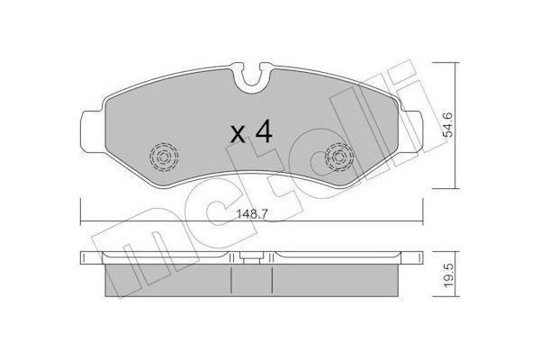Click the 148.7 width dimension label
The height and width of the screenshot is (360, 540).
pos(252,214)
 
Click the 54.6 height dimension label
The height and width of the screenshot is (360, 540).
pos(448,125)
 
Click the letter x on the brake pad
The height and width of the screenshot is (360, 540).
pos(238,134)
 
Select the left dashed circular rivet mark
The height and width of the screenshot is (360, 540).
pos(164,157)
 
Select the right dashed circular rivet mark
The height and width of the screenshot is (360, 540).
pos(339,157)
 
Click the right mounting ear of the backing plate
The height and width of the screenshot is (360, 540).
pos(411,131)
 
